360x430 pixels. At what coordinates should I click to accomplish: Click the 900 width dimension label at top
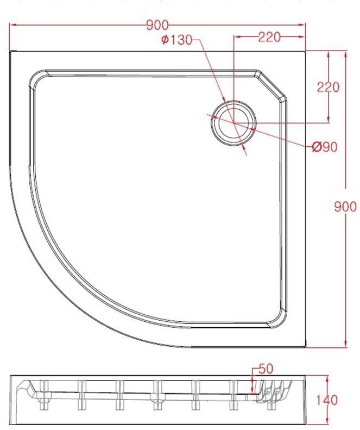coord(157,25)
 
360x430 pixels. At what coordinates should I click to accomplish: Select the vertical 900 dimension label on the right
coord(345,207)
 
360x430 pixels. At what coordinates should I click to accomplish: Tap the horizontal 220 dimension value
coord(269,38)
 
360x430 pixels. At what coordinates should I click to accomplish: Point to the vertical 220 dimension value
coord(328,87)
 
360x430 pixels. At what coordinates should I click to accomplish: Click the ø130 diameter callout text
coord(177,40)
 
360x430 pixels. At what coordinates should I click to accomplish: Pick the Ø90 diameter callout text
coord(325,147)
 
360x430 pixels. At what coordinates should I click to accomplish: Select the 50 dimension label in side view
coord(266,369)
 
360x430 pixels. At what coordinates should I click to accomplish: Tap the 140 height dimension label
coord(327,401)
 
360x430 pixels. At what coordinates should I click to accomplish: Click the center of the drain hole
coord(233,122)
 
